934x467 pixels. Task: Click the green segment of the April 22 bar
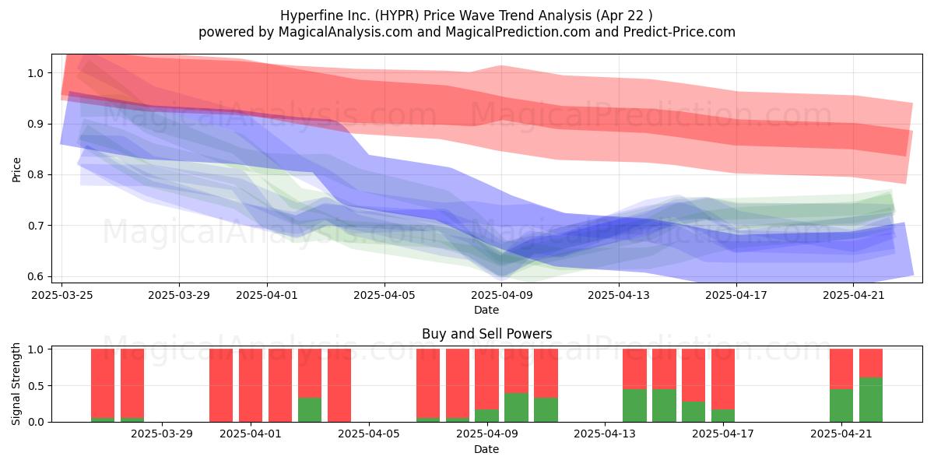871,399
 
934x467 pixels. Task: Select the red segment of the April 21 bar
841,369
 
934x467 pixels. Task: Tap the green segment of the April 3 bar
310,409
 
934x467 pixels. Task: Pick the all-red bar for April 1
251,385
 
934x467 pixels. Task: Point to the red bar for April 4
339,385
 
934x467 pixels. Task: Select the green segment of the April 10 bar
516,407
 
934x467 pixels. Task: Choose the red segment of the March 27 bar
103,383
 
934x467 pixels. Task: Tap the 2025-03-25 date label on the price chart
62,295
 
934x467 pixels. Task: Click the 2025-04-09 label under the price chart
501,295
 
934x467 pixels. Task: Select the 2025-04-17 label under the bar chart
722,434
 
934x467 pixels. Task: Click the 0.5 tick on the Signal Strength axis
36,386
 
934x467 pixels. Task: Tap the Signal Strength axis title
16,384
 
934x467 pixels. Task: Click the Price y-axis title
16,170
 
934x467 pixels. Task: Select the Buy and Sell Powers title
486,334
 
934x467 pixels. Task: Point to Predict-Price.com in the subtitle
679,32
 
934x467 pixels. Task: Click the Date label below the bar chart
486,449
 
